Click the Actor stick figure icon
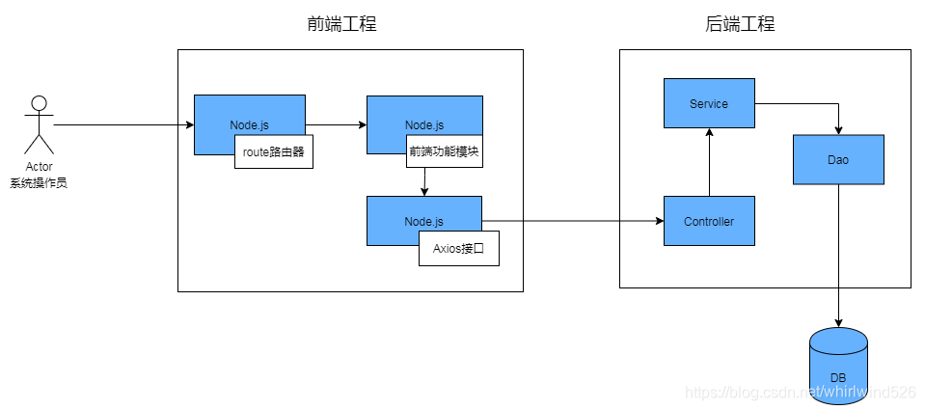(39, 123)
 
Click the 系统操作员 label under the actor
(39, 182)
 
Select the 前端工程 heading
(335, 24)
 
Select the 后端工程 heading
(740, 24)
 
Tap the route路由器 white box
(274, 151)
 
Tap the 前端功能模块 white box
(444, 151)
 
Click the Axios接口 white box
(458, 248)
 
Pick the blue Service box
(709, 103)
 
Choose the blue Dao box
(838, 159)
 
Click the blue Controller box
(709, 221)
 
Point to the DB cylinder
(838, 362)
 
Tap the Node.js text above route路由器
(249, 125)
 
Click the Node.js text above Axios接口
(423, 222)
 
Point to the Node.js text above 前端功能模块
(424, 125)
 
